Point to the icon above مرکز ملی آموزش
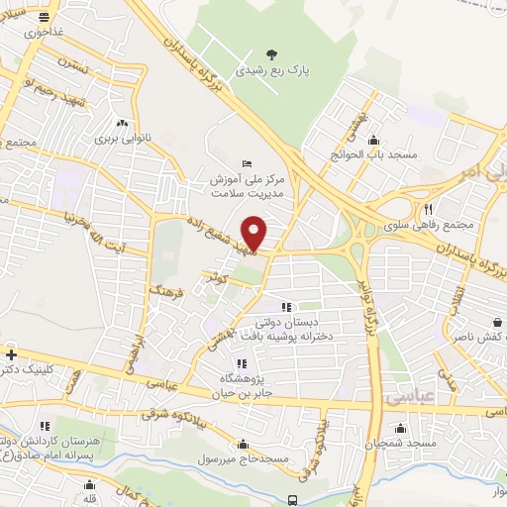247,163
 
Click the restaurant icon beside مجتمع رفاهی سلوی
429,209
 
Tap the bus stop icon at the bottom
292,499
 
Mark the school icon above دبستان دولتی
287,308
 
